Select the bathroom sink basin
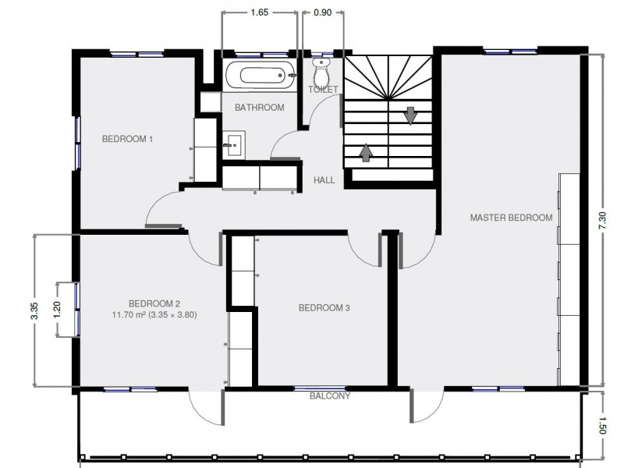(x=233, y=143)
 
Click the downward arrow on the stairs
(x=409, y=115)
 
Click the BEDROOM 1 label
(x=127, y=139)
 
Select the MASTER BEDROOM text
(x=511, y=218)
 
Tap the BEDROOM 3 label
(x=324, y=308)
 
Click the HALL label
(x=324, y=180)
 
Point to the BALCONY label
(x=329, y=396)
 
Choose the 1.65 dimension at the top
(x=259, y=13)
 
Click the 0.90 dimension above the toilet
(x=321, y=13)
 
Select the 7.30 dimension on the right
(x=601, y=220)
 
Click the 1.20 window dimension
(x=56, y=309)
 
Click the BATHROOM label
(x=259, y=108)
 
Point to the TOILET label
(x=323, y=90)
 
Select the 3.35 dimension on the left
(x=34, y=310)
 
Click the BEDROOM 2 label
(x=154, y=303)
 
